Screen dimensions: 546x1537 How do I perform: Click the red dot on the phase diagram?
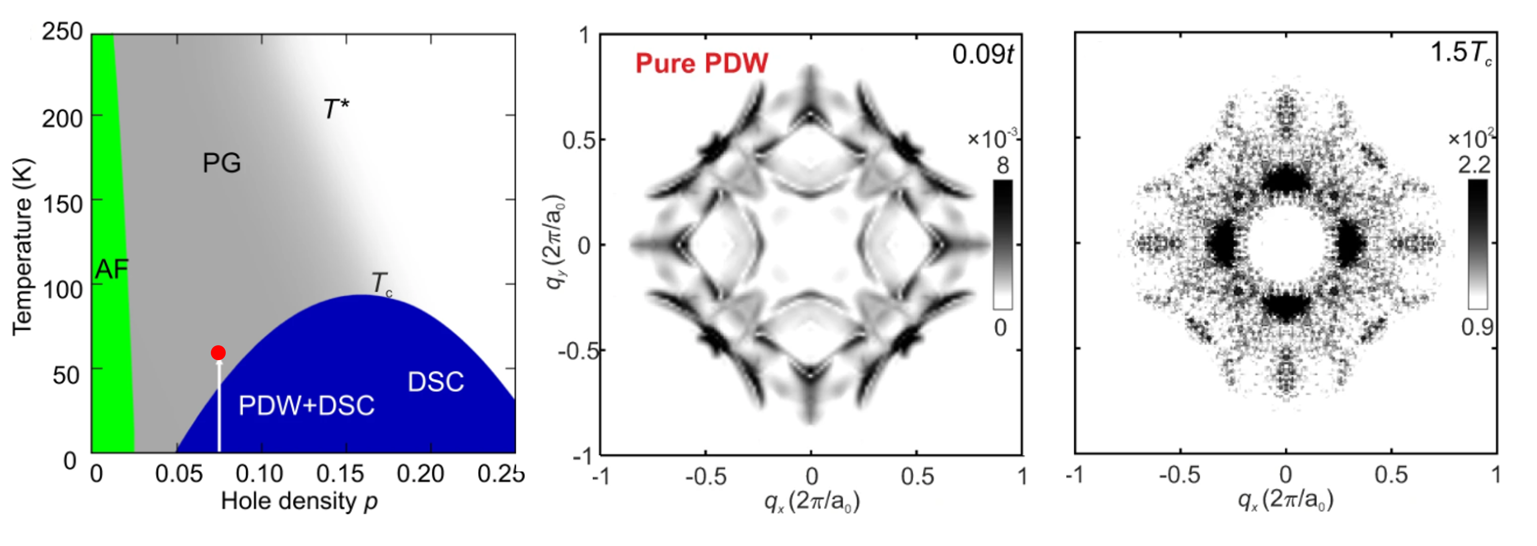[218, 353]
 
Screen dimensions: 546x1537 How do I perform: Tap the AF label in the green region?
[112, 270]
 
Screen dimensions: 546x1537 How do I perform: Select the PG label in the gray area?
[222, 163]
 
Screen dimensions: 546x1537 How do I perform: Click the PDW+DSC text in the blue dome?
[306, 406]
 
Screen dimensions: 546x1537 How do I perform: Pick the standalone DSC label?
[435, 382]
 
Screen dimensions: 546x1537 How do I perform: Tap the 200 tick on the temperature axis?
[62, 119]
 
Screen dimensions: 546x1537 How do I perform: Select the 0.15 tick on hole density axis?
[339, 474]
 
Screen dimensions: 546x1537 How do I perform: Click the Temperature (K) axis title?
[23, 246]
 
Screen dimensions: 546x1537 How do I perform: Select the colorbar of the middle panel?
[1002, 244]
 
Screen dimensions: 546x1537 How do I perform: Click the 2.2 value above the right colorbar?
[1474, 165]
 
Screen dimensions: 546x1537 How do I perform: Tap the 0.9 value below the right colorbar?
[1477, 327]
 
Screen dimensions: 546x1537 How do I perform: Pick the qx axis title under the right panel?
[1286, 499]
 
